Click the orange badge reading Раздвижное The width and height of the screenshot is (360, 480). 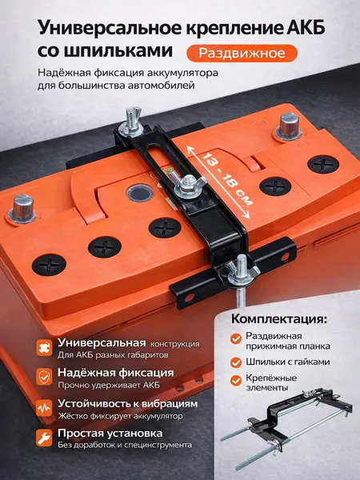242,54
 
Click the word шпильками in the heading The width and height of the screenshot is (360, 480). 115,51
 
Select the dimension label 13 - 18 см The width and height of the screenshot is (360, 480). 227,180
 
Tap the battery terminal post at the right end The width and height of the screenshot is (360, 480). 288,127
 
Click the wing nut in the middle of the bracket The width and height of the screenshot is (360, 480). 186,186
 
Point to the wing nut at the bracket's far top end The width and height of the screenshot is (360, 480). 132,121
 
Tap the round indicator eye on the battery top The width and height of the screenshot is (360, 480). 140,193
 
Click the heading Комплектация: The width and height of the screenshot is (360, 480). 279,319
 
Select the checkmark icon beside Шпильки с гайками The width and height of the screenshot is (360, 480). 236,362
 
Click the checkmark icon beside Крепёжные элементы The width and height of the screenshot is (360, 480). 236,381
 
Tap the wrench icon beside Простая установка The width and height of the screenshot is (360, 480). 44,438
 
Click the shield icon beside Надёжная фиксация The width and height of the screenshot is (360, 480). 44,377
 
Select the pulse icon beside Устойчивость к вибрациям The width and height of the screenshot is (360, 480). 44,408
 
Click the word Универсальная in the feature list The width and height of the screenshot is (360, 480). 102,342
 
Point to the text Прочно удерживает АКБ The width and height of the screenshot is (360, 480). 109,385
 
